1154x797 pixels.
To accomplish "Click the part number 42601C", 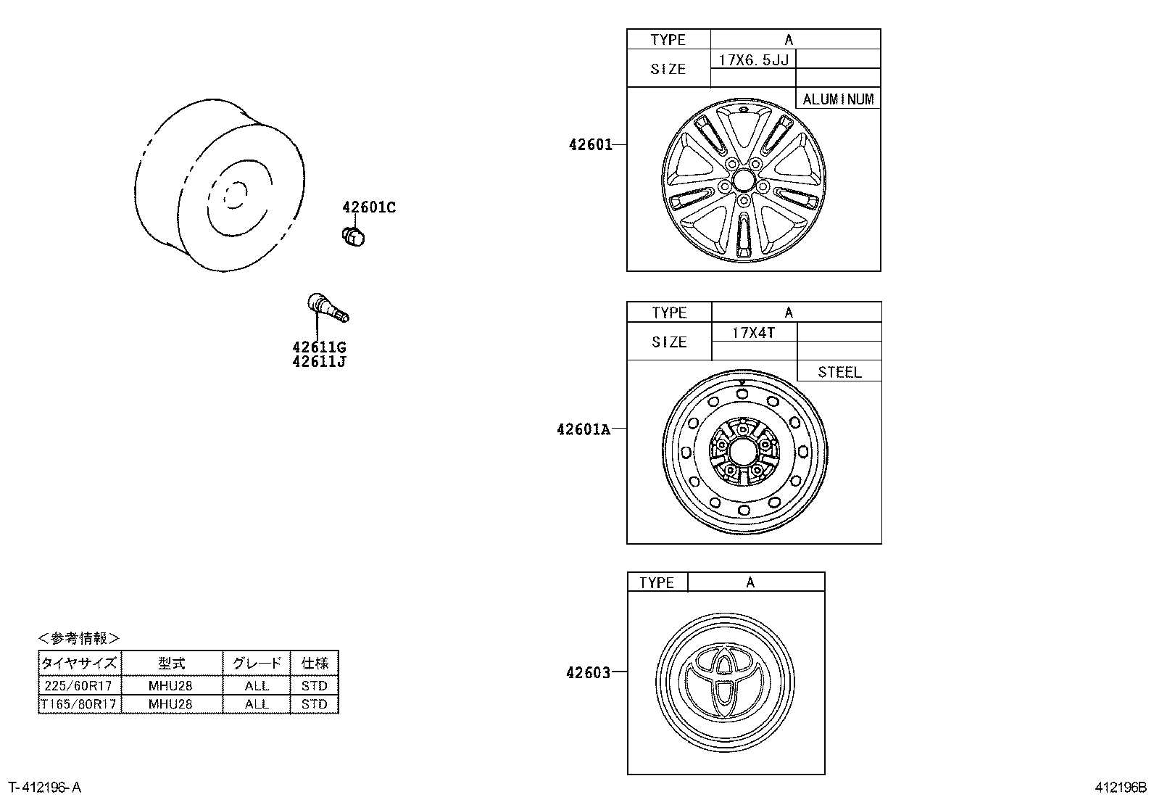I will pyautogui.click(x=369, y=207).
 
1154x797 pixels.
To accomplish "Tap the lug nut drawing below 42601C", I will pyautogui.click(x=353, y=235).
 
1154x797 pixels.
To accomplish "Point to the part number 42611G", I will pyautogui.click(x=319, y=347).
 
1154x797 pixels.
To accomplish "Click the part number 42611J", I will pyautogui.click(x=319, y=361).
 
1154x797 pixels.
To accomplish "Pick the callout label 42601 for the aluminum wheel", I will pyautogui.click(x=590, y=144).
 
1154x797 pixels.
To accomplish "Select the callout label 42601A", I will pyautogui.click(x=583, y=429).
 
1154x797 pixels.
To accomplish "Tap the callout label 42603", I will pyautogui.click(x=588, y=673).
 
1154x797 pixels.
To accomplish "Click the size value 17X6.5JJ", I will pyautogui.click(x=753, y=59).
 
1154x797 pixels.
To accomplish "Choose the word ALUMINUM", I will pyautogui.click(x=838, y=99).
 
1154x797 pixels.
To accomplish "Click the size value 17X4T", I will pyautogui.click(x=753, y=333).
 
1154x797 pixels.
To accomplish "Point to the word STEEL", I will pyautogui.click(x=839, y=372).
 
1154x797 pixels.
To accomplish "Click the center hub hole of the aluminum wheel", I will pyautogui.click(x=743, y=179).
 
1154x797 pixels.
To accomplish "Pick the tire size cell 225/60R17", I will pyautogui.click(x=79, y=685).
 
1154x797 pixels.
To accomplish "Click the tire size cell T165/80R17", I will pyautogui.click(x=79, y=704).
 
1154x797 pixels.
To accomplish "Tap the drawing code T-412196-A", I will pyautogui.click(x=44, y=788).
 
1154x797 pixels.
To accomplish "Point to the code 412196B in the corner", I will pyautogui.click(x=1121, y=788).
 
